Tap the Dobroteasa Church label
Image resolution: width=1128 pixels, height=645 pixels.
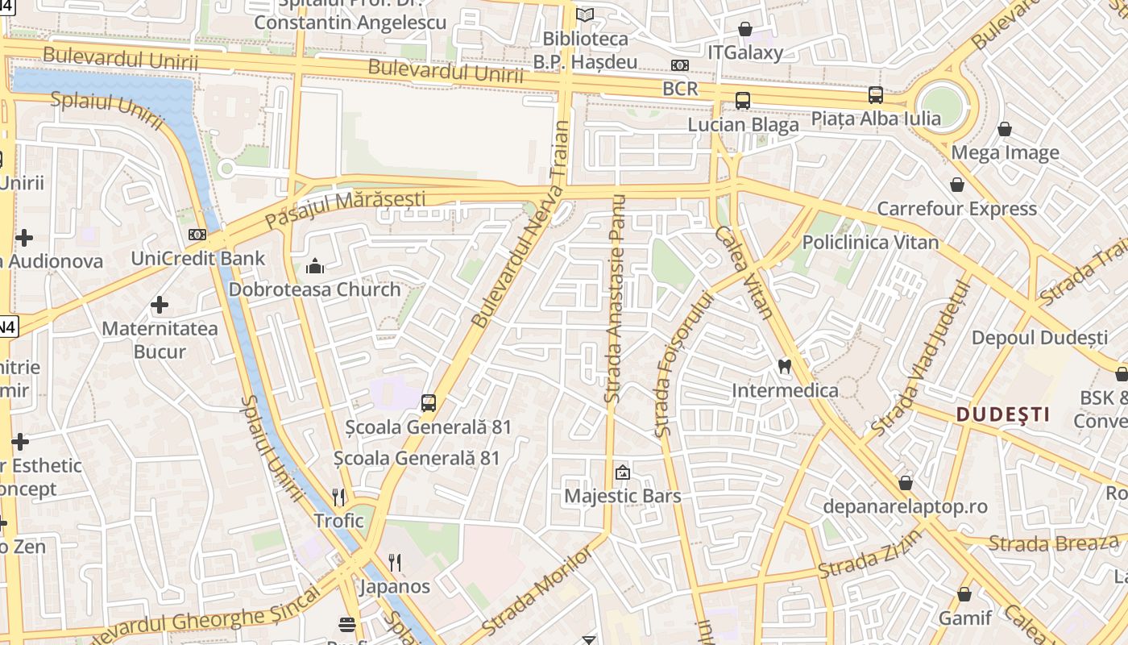point(314,289)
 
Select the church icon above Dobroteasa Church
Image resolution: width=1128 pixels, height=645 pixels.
point(315,265)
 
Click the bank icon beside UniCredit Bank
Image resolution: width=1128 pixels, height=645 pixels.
point(197,235)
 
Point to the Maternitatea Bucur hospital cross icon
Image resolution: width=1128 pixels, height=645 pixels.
point(160,305)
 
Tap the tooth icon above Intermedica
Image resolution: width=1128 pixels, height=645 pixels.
point(783,367)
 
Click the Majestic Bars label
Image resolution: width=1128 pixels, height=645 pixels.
point(622,496)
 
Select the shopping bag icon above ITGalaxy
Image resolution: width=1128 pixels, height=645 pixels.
point(745,29)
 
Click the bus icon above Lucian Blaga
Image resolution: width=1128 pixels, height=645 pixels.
point(742,101)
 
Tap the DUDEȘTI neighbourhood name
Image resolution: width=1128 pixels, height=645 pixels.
point(1002,414)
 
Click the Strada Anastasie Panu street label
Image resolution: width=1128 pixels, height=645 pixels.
point(616,298)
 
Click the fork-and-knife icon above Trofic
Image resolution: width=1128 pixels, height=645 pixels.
point(339,497)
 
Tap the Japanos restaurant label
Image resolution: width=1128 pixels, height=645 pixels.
point(395,586)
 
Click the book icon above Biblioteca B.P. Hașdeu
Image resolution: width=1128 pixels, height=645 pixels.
point(585,15)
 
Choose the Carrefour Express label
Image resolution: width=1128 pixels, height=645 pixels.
point(956,209)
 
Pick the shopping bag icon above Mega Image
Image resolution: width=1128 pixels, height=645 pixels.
point(1005,129)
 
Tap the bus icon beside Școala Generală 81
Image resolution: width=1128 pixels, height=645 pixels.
point(429,402)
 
